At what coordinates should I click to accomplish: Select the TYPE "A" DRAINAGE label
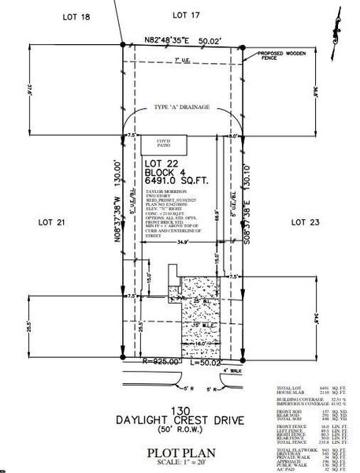[181, 108]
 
